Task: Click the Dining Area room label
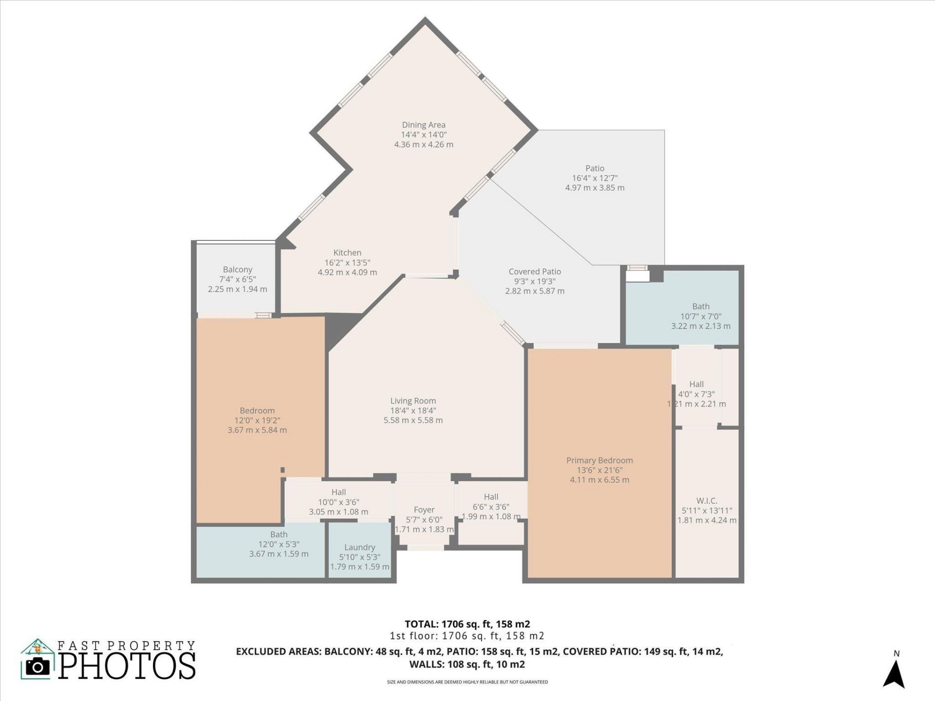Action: tap(423, 125)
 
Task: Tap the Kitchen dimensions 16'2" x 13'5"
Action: tap(347, 263)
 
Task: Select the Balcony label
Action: tap(238, 269)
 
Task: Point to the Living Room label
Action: tap(413, 401)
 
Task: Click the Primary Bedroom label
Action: tap(599, 460)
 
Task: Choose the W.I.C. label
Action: tap(707, 500)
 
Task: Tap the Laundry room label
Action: tap(359, 547)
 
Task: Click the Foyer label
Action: tap(424, 510)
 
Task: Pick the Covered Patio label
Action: tap(535, 272)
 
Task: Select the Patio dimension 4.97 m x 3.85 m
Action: tap(595, 188)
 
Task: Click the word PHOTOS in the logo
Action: tap(128, 666)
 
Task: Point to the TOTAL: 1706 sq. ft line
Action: tap(467, 624)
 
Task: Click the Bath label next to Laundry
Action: tap(279, 535)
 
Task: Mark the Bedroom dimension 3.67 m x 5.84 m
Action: tap(257, 430)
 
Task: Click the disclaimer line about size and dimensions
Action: tap(467, 682)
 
